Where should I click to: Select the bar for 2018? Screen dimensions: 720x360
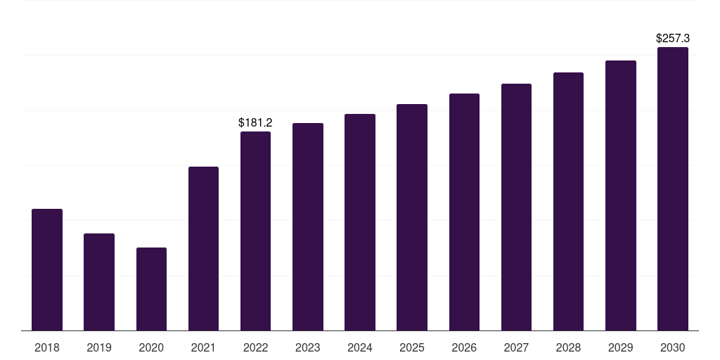[x=47, y=269]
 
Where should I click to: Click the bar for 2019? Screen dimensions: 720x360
[x=99, y=282]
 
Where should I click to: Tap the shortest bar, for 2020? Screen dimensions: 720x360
[x=152, y=289]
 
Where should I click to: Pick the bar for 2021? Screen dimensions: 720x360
[x=203, y=248]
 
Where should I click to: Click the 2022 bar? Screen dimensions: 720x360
[x=255, y=231]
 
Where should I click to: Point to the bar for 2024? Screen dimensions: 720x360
[x=360, y=222]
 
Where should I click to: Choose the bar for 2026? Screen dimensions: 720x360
[x=464, y=212]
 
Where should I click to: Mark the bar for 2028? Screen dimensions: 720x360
[x=568, y=202]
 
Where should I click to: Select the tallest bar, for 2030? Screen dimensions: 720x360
[x=673, y=188]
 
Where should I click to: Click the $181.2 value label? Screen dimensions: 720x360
[x=255, y=122]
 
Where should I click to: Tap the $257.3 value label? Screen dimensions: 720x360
[x=673, y=38]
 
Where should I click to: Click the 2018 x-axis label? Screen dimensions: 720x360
[x=47, y=347]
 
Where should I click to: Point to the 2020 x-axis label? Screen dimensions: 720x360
[x=151, y=347]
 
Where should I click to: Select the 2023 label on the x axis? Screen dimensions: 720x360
[x=308, y=347]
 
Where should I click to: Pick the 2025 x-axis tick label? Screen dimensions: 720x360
[x=412, y=347]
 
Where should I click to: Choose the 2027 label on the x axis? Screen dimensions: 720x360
[x=516, y=347]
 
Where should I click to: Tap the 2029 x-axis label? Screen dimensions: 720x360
[x=620, y=347]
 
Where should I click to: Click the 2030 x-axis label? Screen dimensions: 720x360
[x=673, y=347]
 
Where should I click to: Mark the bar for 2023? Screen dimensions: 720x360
[x=308, y=227]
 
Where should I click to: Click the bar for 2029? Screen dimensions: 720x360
[x=621, y=195]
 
